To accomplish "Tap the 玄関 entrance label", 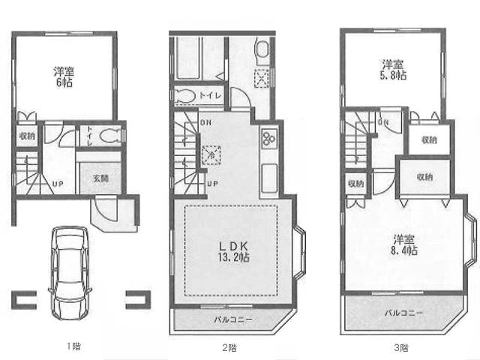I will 100,178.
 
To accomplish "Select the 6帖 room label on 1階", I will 63,77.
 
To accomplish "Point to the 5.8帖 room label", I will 392,70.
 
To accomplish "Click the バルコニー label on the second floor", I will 233,319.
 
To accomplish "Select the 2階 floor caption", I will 229,347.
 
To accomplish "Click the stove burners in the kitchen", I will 268,139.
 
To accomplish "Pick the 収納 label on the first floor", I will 25,136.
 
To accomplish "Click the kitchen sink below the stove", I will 268,179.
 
